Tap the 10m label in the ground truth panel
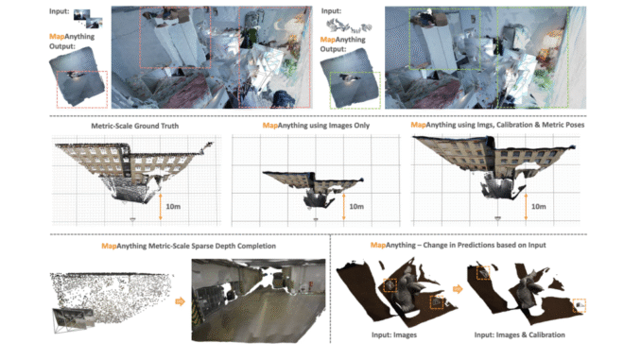tap(174, 204)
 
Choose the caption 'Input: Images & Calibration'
tap(525, 334)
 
